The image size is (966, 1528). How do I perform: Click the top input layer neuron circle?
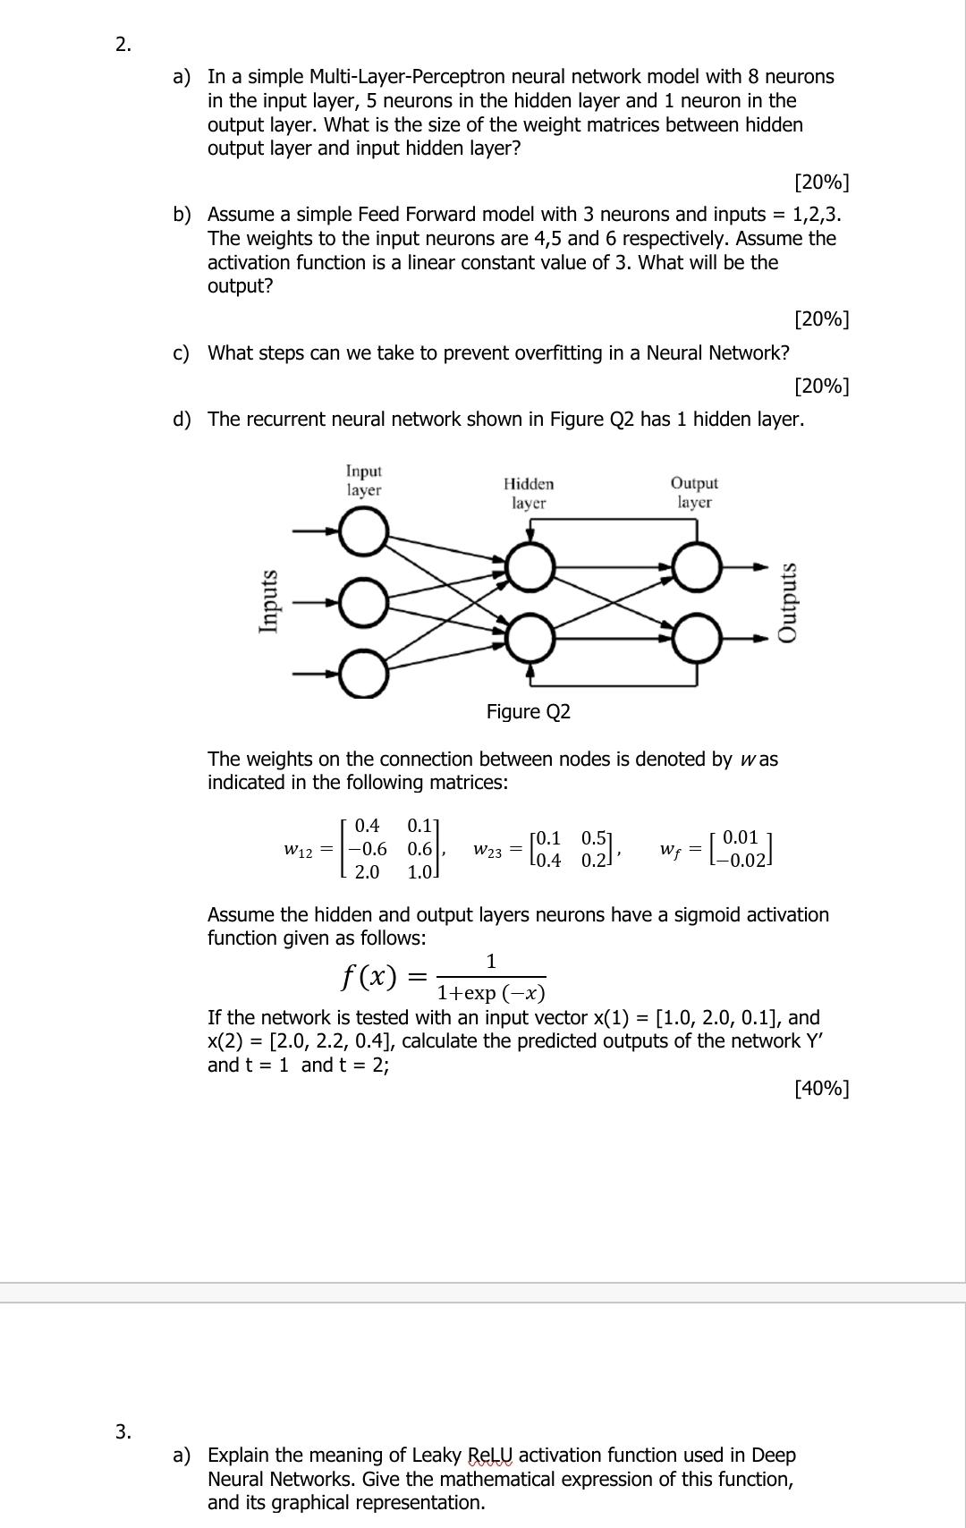tap(363, 536)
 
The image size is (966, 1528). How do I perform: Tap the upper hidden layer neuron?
tap(530, 565)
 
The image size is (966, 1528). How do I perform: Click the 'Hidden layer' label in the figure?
tap(529, 493)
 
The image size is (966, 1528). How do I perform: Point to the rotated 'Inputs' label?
tap(267, 601)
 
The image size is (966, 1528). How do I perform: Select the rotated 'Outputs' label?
tap(787, 601)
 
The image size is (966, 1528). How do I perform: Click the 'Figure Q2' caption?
tap(528, 712)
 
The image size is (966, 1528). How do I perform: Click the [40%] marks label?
tap(821, 1088)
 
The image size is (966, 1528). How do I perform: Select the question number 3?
tap(123, 1430)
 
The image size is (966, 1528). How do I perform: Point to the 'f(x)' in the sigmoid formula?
tap(369, 975)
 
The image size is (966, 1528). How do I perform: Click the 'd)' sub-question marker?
tap(182, 419)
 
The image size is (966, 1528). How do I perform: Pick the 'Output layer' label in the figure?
tap(694, 492)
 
